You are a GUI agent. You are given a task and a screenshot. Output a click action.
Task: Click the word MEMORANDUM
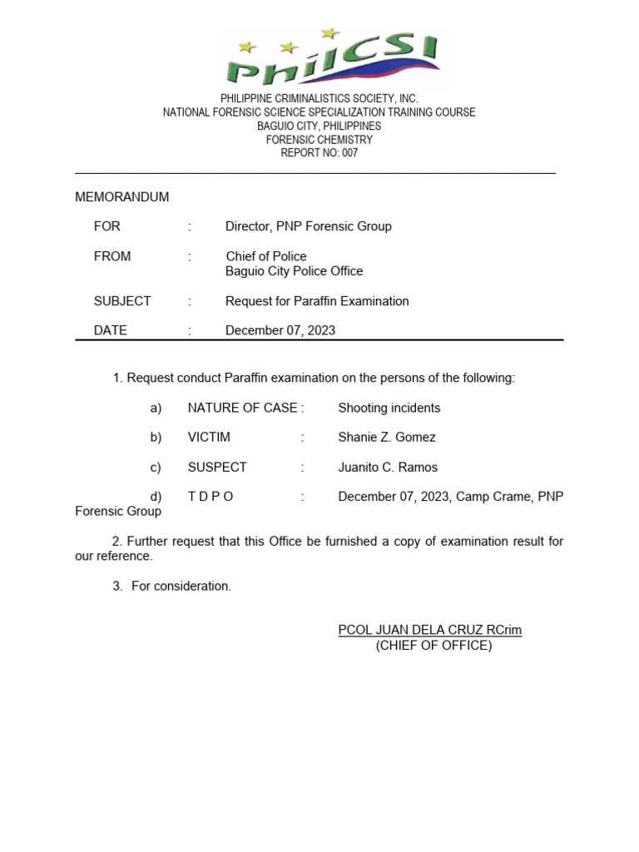coord(122,197)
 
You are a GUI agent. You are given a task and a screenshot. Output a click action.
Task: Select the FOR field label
coord(107,226)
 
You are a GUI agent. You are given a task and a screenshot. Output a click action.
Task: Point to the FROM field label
coord(112,256)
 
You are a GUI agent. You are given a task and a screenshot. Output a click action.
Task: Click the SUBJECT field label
coord(122,301)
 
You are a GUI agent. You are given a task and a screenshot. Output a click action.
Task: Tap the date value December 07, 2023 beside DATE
coord(280,330)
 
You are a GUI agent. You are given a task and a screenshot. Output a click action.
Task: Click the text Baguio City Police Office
coord(295,271)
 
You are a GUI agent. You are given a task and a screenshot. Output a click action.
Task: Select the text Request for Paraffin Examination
coord(317,301)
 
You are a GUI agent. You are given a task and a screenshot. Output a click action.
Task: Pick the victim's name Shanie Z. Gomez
coord(387,438)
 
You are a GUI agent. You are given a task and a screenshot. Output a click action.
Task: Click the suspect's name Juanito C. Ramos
coord(388,468)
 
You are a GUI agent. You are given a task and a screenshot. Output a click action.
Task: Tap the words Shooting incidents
coord(389,408)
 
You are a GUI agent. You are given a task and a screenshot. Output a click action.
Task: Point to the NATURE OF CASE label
coord(242,408)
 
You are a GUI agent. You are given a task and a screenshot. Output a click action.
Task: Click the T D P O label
coord(211,497)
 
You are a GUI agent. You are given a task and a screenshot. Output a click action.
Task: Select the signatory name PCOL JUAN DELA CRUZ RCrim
coord(430,630)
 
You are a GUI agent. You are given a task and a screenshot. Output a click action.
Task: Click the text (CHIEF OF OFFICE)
coord(433,646)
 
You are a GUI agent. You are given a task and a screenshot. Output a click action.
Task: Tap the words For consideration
coord(181,587)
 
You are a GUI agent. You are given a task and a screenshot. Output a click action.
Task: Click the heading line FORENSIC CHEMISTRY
coord(319,140)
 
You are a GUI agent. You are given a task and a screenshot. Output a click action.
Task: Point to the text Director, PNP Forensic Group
coord(309,226)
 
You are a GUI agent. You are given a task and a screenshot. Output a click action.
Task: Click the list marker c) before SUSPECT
coord(156,468)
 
